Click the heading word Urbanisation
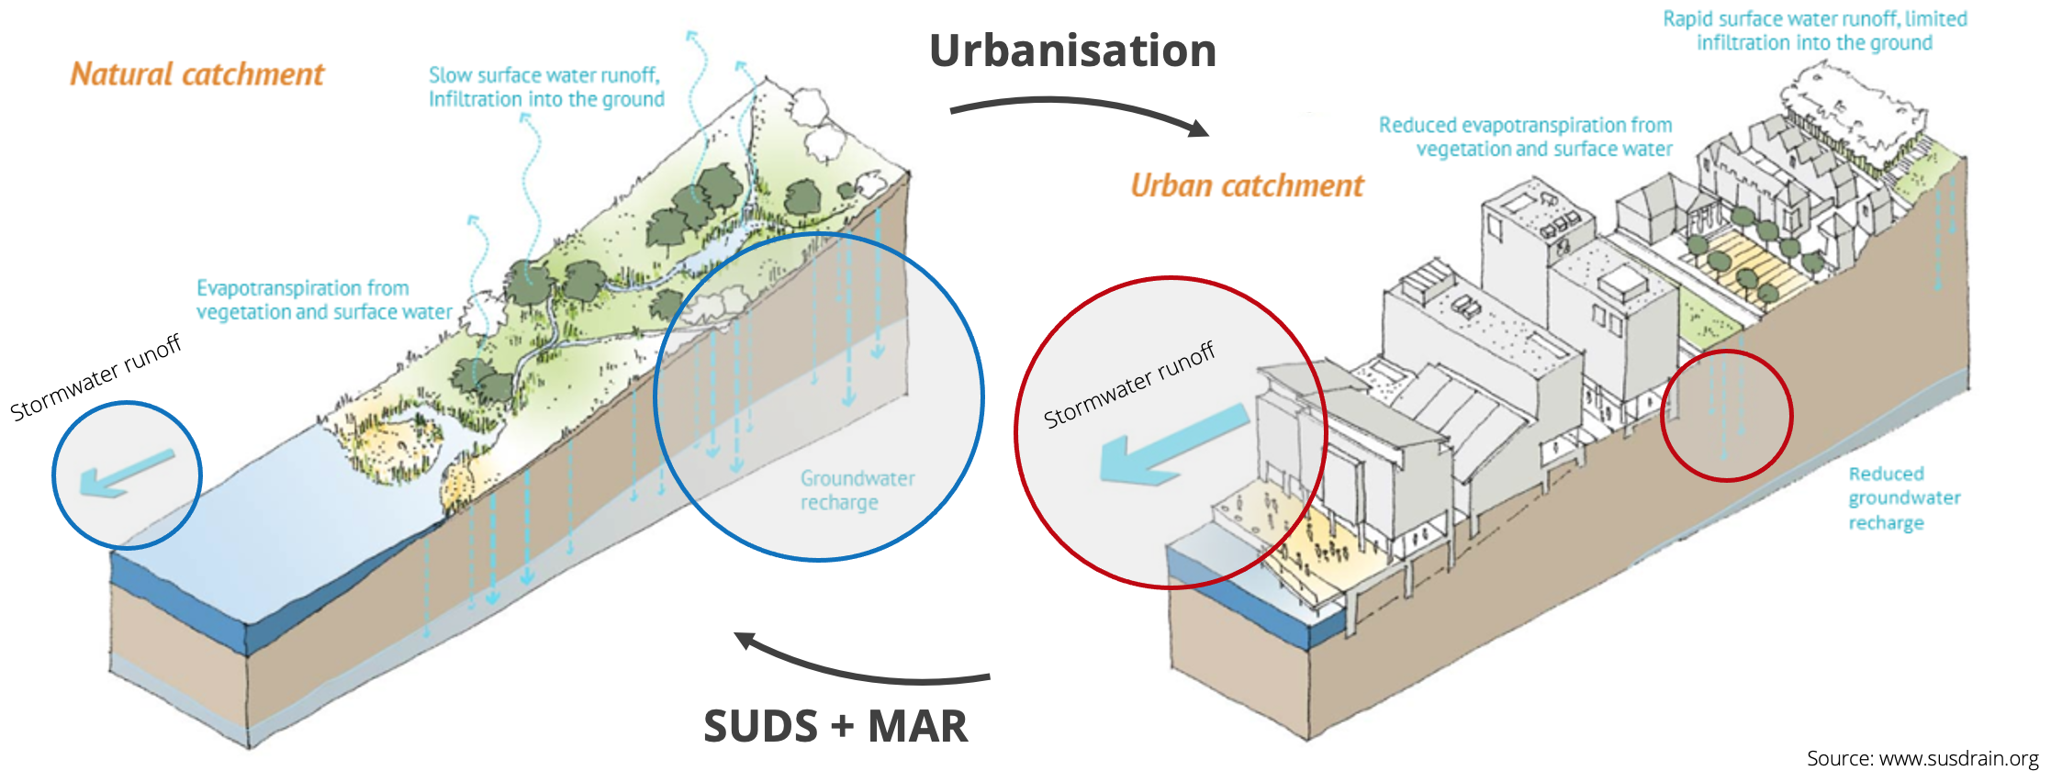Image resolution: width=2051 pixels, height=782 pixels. click(x=1072, y=51)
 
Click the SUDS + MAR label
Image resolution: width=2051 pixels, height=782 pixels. click(x=835, y=726)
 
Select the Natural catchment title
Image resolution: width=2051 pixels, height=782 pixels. click(x=197, y=74)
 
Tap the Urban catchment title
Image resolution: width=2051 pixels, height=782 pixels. click(x=1247, y=185)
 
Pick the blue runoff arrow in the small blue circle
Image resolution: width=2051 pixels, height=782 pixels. click(x=127, y=472)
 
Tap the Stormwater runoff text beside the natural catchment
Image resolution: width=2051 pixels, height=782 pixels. click(x=95, y=377)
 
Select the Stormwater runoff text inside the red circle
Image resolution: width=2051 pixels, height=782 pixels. click(x=1128, y=385)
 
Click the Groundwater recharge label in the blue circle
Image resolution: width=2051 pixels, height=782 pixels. click(x=857, y=490)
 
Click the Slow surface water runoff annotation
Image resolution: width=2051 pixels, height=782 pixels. click(x=546, y=87)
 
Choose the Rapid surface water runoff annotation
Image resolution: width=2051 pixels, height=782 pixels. click(x=1814, y=30)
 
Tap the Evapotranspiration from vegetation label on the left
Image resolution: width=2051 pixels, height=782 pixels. click(x=324, y=300)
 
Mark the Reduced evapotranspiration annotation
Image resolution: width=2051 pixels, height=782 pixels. click(x=1525, y=137)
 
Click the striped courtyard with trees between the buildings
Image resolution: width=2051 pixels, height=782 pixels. click(x=1740, y=262)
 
